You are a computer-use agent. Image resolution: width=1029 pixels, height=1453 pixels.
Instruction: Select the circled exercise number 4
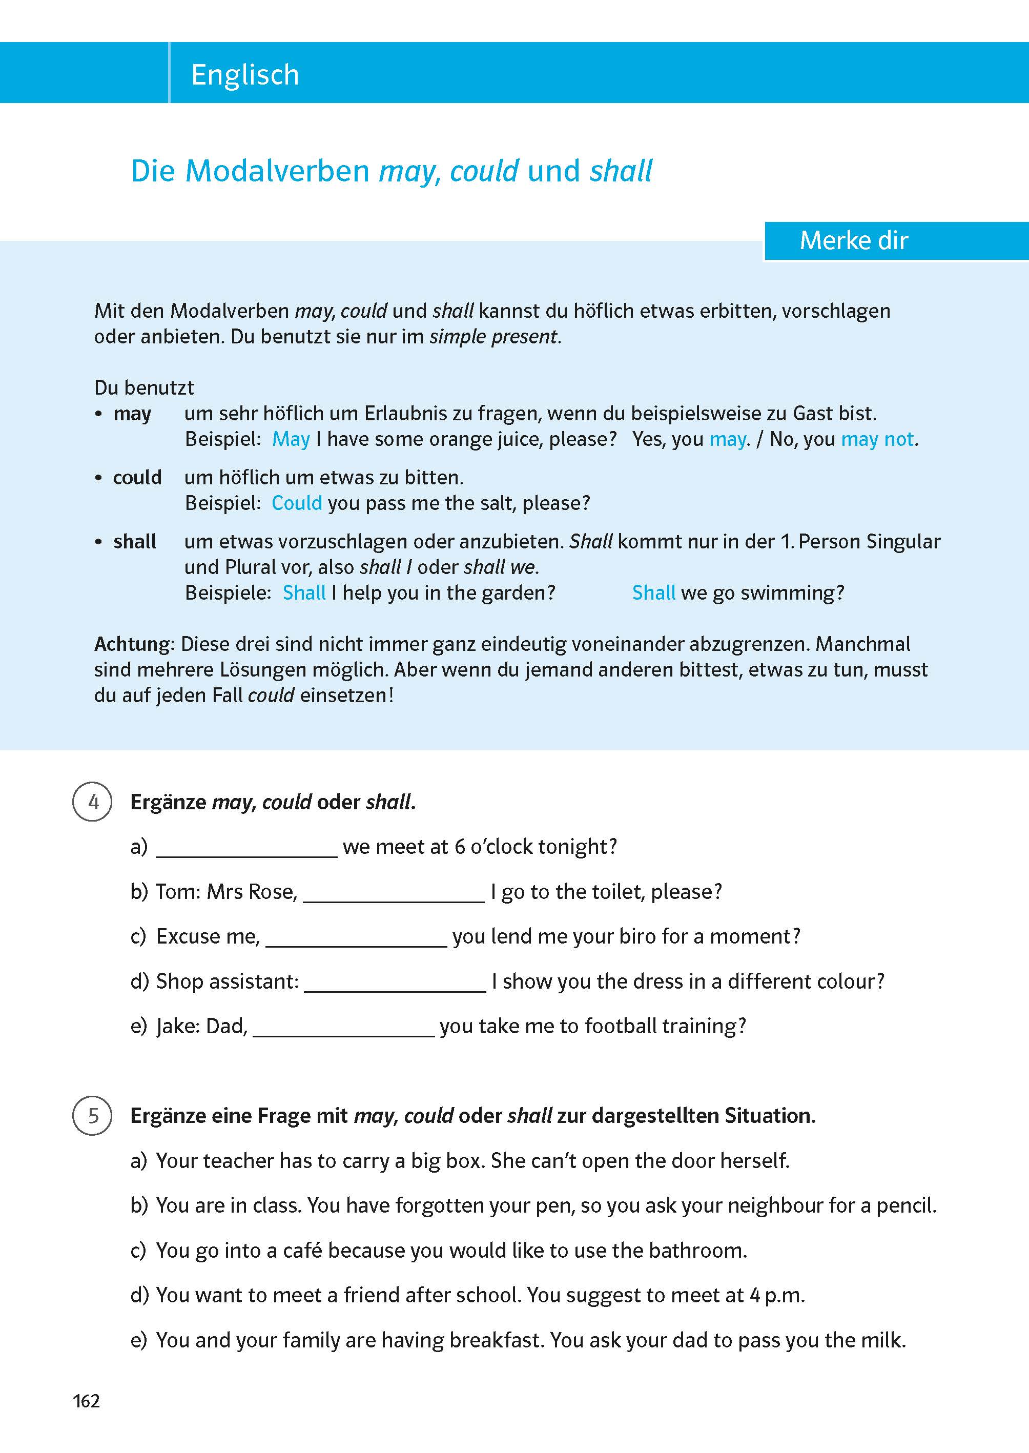tap(93, 802)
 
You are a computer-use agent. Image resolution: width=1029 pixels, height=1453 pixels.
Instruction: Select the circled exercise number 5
tap(93, 1115)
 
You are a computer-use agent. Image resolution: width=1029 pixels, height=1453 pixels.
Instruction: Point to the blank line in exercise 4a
tap(246, 849)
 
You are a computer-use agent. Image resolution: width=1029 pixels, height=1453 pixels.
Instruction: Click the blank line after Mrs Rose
tap(394, 894)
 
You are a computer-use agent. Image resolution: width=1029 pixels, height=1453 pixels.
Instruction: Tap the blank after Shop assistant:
tap(395, 984)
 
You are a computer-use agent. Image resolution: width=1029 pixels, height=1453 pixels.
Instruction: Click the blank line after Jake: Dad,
tap(343, 1029)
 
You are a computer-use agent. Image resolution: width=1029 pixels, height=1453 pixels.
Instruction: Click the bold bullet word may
tap(132, 414)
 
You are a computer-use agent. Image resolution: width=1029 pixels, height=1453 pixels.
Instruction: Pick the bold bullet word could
tap(137, 477)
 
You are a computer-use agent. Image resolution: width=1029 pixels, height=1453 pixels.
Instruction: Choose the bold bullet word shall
tap(134, 542)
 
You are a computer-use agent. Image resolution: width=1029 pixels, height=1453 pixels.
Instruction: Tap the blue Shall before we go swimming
tap(653, 592)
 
